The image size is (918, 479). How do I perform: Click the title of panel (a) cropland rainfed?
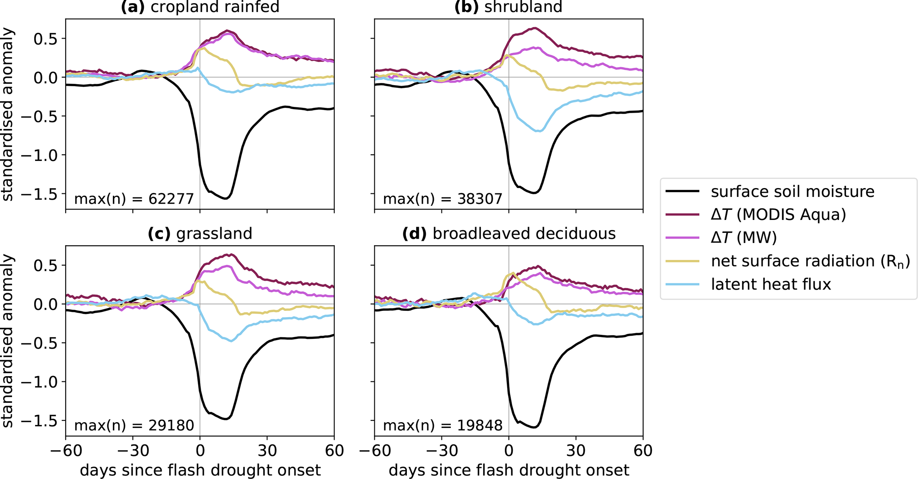200,7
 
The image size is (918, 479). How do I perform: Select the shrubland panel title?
509,7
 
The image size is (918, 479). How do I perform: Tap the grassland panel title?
200,233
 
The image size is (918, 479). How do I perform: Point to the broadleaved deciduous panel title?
509,233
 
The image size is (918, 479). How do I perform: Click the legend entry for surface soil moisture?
792,192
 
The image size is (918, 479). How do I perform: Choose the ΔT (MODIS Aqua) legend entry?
778,215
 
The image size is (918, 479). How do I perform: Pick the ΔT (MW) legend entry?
743,238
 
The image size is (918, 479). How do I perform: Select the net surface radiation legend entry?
810,261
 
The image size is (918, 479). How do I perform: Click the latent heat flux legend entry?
771,284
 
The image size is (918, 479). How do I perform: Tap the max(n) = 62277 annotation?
134,199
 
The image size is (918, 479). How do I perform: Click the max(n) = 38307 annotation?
442,199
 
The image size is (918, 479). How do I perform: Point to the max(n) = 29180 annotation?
134,425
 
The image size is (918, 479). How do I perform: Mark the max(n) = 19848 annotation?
442,425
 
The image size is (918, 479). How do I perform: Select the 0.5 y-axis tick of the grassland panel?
46,265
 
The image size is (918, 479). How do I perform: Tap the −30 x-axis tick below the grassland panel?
133,451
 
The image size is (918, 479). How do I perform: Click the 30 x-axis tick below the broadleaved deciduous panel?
576,451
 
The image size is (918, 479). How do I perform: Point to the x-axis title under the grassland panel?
200,470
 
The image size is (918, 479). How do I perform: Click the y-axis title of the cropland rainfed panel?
8,114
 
